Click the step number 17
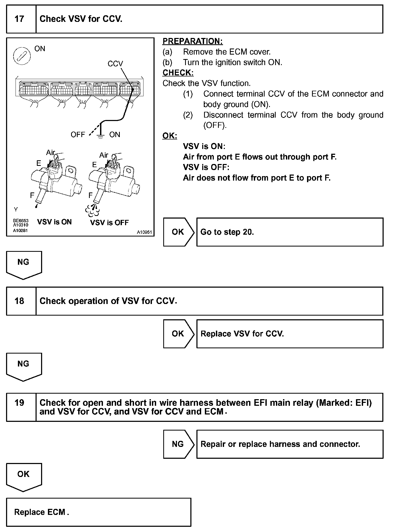19,19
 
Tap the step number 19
19,403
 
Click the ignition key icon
22,56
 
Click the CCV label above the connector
115,64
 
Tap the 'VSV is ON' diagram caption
55,222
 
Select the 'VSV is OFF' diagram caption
109,223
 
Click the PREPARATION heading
192,41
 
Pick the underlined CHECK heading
178,73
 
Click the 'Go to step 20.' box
290,232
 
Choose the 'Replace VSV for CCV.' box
290,334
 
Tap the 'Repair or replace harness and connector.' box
290,444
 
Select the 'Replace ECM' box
98,512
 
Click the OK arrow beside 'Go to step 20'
178,232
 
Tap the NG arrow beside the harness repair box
178,444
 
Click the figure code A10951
144,232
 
